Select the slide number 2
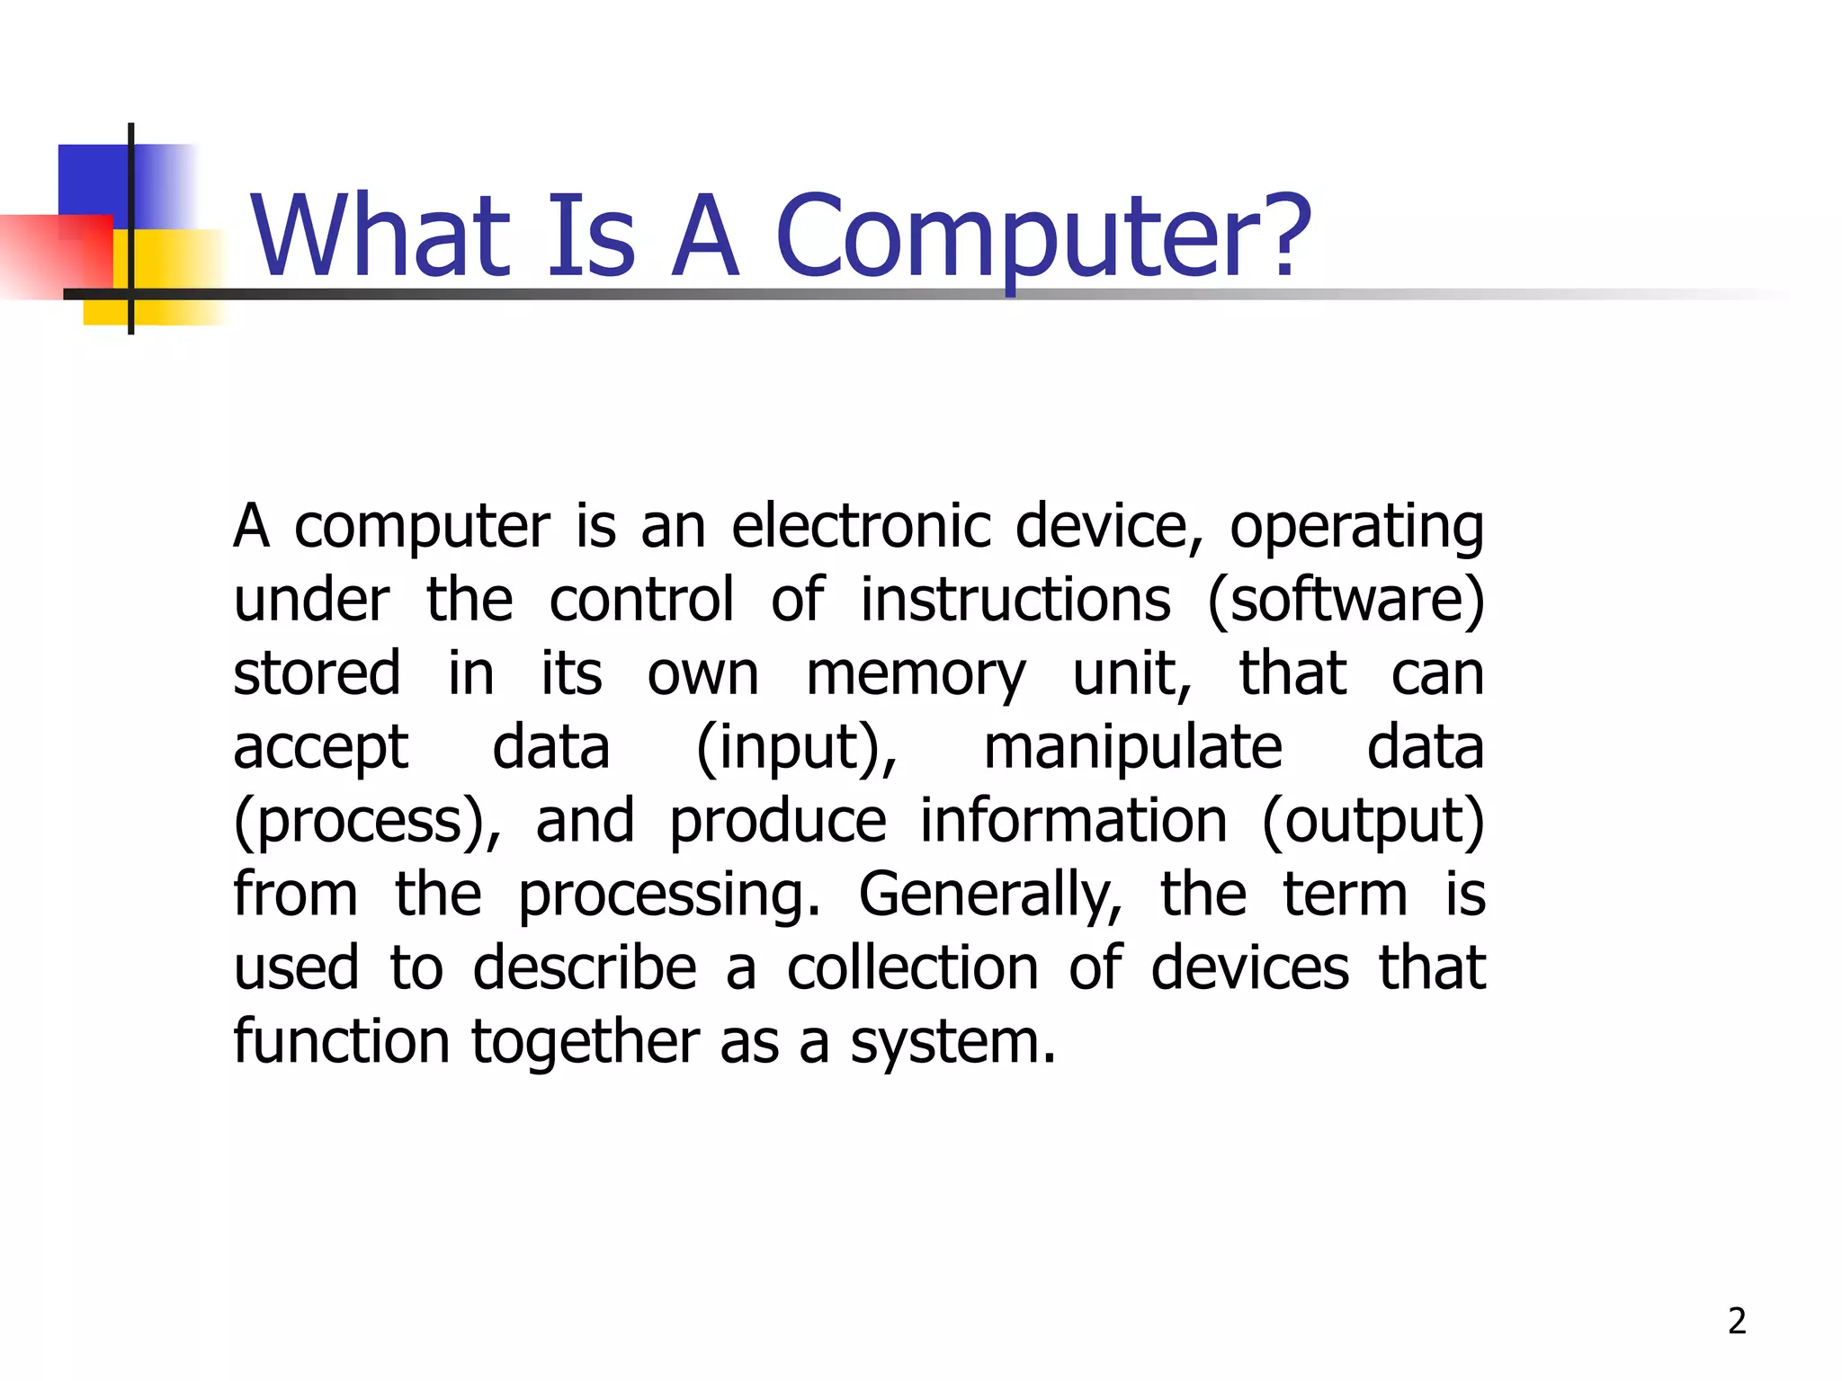(1737, 1321)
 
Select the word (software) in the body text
(1346, 600)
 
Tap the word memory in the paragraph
(915, 674)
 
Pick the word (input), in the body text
(797, 748)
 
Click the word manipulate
(1132, 747)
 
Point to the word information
(1073, 821)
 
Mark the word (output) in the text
(1373, 822)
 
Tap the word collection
(913, 968)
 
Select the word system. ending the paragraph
(952, 1043)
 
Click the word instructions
(1015, 600)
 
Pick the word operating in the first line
(1356, 528)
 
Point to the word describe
(585, 968)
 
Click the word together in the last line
(585, 1043)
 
